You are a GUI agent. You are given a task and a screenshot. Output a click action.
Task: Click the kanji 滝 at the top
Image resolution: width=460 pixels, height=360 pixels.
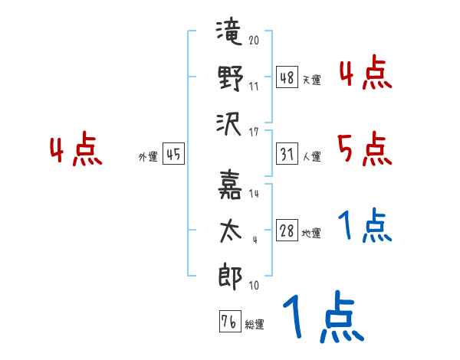(229, 31)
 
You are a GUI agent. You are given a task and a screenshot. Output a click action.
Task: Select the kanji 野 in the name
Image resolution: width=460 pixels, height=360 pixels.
(230, 78)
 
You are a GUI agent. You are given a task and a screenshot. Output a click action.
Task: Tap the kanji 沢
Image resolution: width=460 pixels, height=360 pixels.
(228, 125)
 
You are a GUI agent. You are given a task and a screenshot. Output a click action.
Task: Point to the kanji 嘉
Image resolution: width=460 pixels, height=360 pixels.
(230, 185)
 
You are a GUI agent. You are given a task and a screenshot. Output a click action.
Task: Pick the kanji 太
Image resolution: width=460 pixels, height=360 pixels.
(231, 231)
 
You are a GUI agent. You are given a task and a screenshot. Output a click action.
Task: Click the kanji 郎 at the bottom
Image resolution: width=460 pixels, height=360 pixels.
(230, 277)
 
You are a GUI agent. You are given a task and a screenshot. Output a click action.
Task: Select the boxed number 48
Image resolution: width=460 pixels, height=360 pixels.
(287, 77)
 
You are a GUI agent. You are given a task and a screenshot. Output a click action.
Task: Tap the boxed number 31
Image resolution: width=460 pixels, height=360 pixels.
(287, 154)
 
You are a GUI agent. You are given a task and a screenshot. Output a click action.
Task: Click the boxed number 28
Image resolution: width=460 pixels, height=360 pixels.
(287, 231)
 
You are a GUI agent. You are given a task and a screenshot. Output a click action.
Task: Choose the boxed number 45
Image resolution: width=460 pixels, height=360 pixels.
(173, 154)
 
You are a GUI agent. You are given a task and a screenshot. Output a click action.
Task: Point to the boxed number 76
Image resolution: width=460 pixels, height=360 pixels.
(230, 321)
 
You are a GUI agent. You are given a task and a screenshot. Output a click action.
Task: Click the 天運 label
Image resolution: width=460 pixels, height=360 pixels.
(312, 80)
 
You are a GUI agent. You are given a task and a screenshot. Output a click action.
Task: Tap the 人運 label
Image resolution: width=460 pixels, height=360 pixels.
(312, 156)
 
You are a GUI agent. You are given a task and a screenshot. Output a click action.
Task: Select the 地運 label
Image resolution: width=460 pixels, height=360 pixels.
(311, 234)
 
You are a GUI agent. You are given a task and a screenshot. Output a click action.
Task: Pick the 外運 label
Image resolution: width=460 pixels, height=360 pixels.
(148, 157)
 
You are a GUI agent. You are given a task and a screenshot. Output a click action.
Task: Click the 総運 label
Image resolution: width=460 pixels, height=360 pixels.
(255, 324)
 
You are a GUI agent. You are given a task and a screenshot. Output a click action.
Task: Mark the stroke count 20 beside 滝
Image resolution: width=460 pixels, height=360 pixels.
(254, 40)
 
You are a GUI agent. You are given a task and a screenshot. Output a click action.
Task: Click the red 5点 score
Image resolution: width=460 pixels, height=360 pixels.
(365, 149)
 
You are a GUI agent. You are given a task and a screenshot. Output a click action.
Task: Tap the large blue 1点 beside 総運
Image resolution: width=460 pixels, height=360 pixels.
(324, 316)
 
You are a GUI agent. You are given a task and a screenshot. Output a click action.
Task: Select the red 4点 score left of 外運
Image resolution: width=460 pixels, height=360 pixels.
(76, 149)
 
